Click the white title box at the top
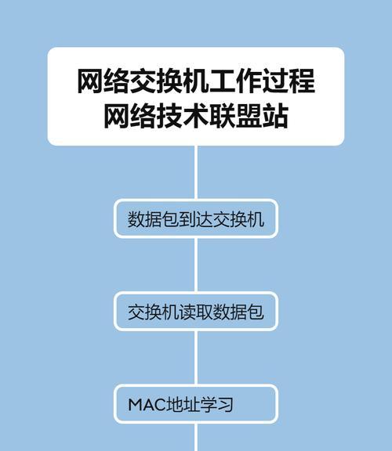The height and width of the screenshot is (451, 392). pos(196,96)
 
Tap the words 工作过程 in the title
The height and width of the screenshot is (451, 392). pos(263,81)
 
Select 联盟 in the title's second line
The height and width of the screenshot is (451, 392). pos(236,116)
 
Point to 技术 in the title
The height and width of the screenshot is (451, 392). pos(183,116)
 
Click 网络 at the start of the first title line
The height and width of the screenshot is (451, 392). pos(103,81)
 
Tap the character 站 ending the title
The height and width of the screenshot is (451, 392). pos(275,116)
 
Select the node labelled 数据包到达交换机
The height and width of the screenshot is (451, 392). pos(196,219)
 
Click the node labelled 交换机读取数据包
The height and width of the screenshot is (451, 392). pos(196,312)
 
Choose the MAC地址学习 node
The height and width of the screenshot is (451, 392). pos(196,404)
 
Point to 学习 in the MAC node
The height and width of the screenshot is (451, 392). pos(217,405)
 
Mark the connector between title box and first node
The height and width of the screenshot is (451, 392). pos(196,172)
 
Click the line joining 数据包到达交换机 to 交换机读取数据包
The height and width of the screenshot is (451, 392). pos(196,265)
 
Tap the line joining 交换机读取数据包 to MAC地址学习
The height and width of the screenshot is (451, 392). pos(196,358)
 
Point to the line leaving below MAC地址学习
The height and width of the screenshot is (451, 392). pos(196,437)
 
